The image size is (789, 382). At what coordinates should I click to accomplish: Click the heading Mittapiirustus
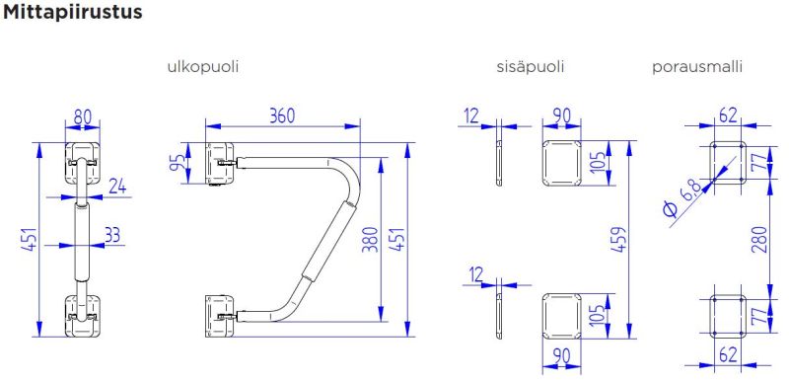[72, 12]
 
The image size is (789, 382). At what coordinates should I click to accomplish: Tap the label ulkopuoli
[203, 67]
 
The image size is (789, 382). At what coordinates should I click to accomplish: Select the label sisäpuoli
[530, 66]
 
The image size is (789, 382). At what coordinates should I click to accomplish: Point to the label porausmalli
[697, 67]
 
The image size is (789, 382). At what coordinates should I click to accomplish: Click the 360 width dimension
[282, 115]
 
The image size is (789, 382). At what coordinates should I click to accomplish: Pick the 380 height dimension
[371, 240]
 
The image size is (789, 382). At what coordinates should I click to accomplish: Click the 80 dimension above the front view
[83, 117]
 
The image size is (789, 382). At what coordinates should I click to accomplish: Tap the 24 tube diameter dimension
[117, 187]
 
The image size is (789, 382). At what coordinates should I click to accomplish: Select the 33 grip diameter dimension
[112, 235]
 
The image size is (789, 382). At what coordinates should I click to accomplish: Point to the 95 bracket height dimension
[177, 163]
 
